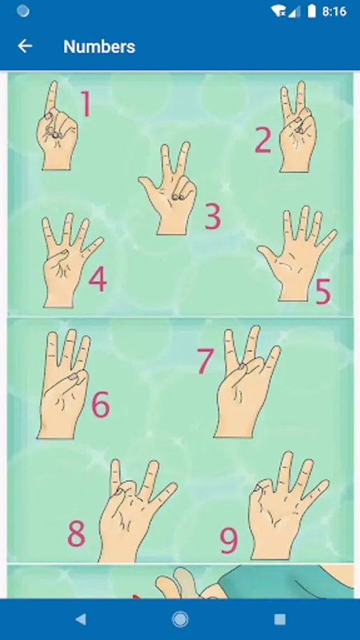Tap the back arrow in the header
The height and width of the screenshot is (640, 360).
pos(25,46)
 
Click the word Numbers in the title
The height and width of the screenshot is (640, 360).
pos(99,46)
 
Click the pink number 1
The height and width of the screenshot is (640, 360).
pos(85,104)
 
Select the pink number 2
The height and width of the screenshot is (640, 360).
pos(263,140)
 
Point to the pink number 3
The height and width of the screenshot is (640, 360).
pos(213,216)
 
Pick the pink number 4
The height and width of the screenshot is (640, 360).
pos(97,279)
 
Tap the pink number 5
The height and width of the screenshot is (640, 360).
pos(323,292)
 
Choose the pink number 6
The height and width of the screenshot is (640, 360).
pos(100,404)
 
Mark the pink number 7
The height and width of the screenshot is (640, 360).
pos(206,361)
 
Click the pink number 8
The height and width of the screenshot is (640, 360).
pos(76,534)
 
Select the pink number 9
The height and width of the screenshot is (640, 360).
pos(229,540)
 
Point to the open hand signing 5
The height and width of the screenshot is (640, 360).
pos(297,254)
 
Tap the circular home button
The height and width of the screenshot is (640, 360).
pos(180,619)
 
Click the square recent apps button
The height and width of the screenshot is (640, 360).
pos(280,619)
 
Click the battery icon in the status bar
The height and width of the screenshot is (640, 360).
pos(312,11)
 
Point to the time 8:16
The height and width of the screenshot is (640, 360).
pos(334,11)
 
